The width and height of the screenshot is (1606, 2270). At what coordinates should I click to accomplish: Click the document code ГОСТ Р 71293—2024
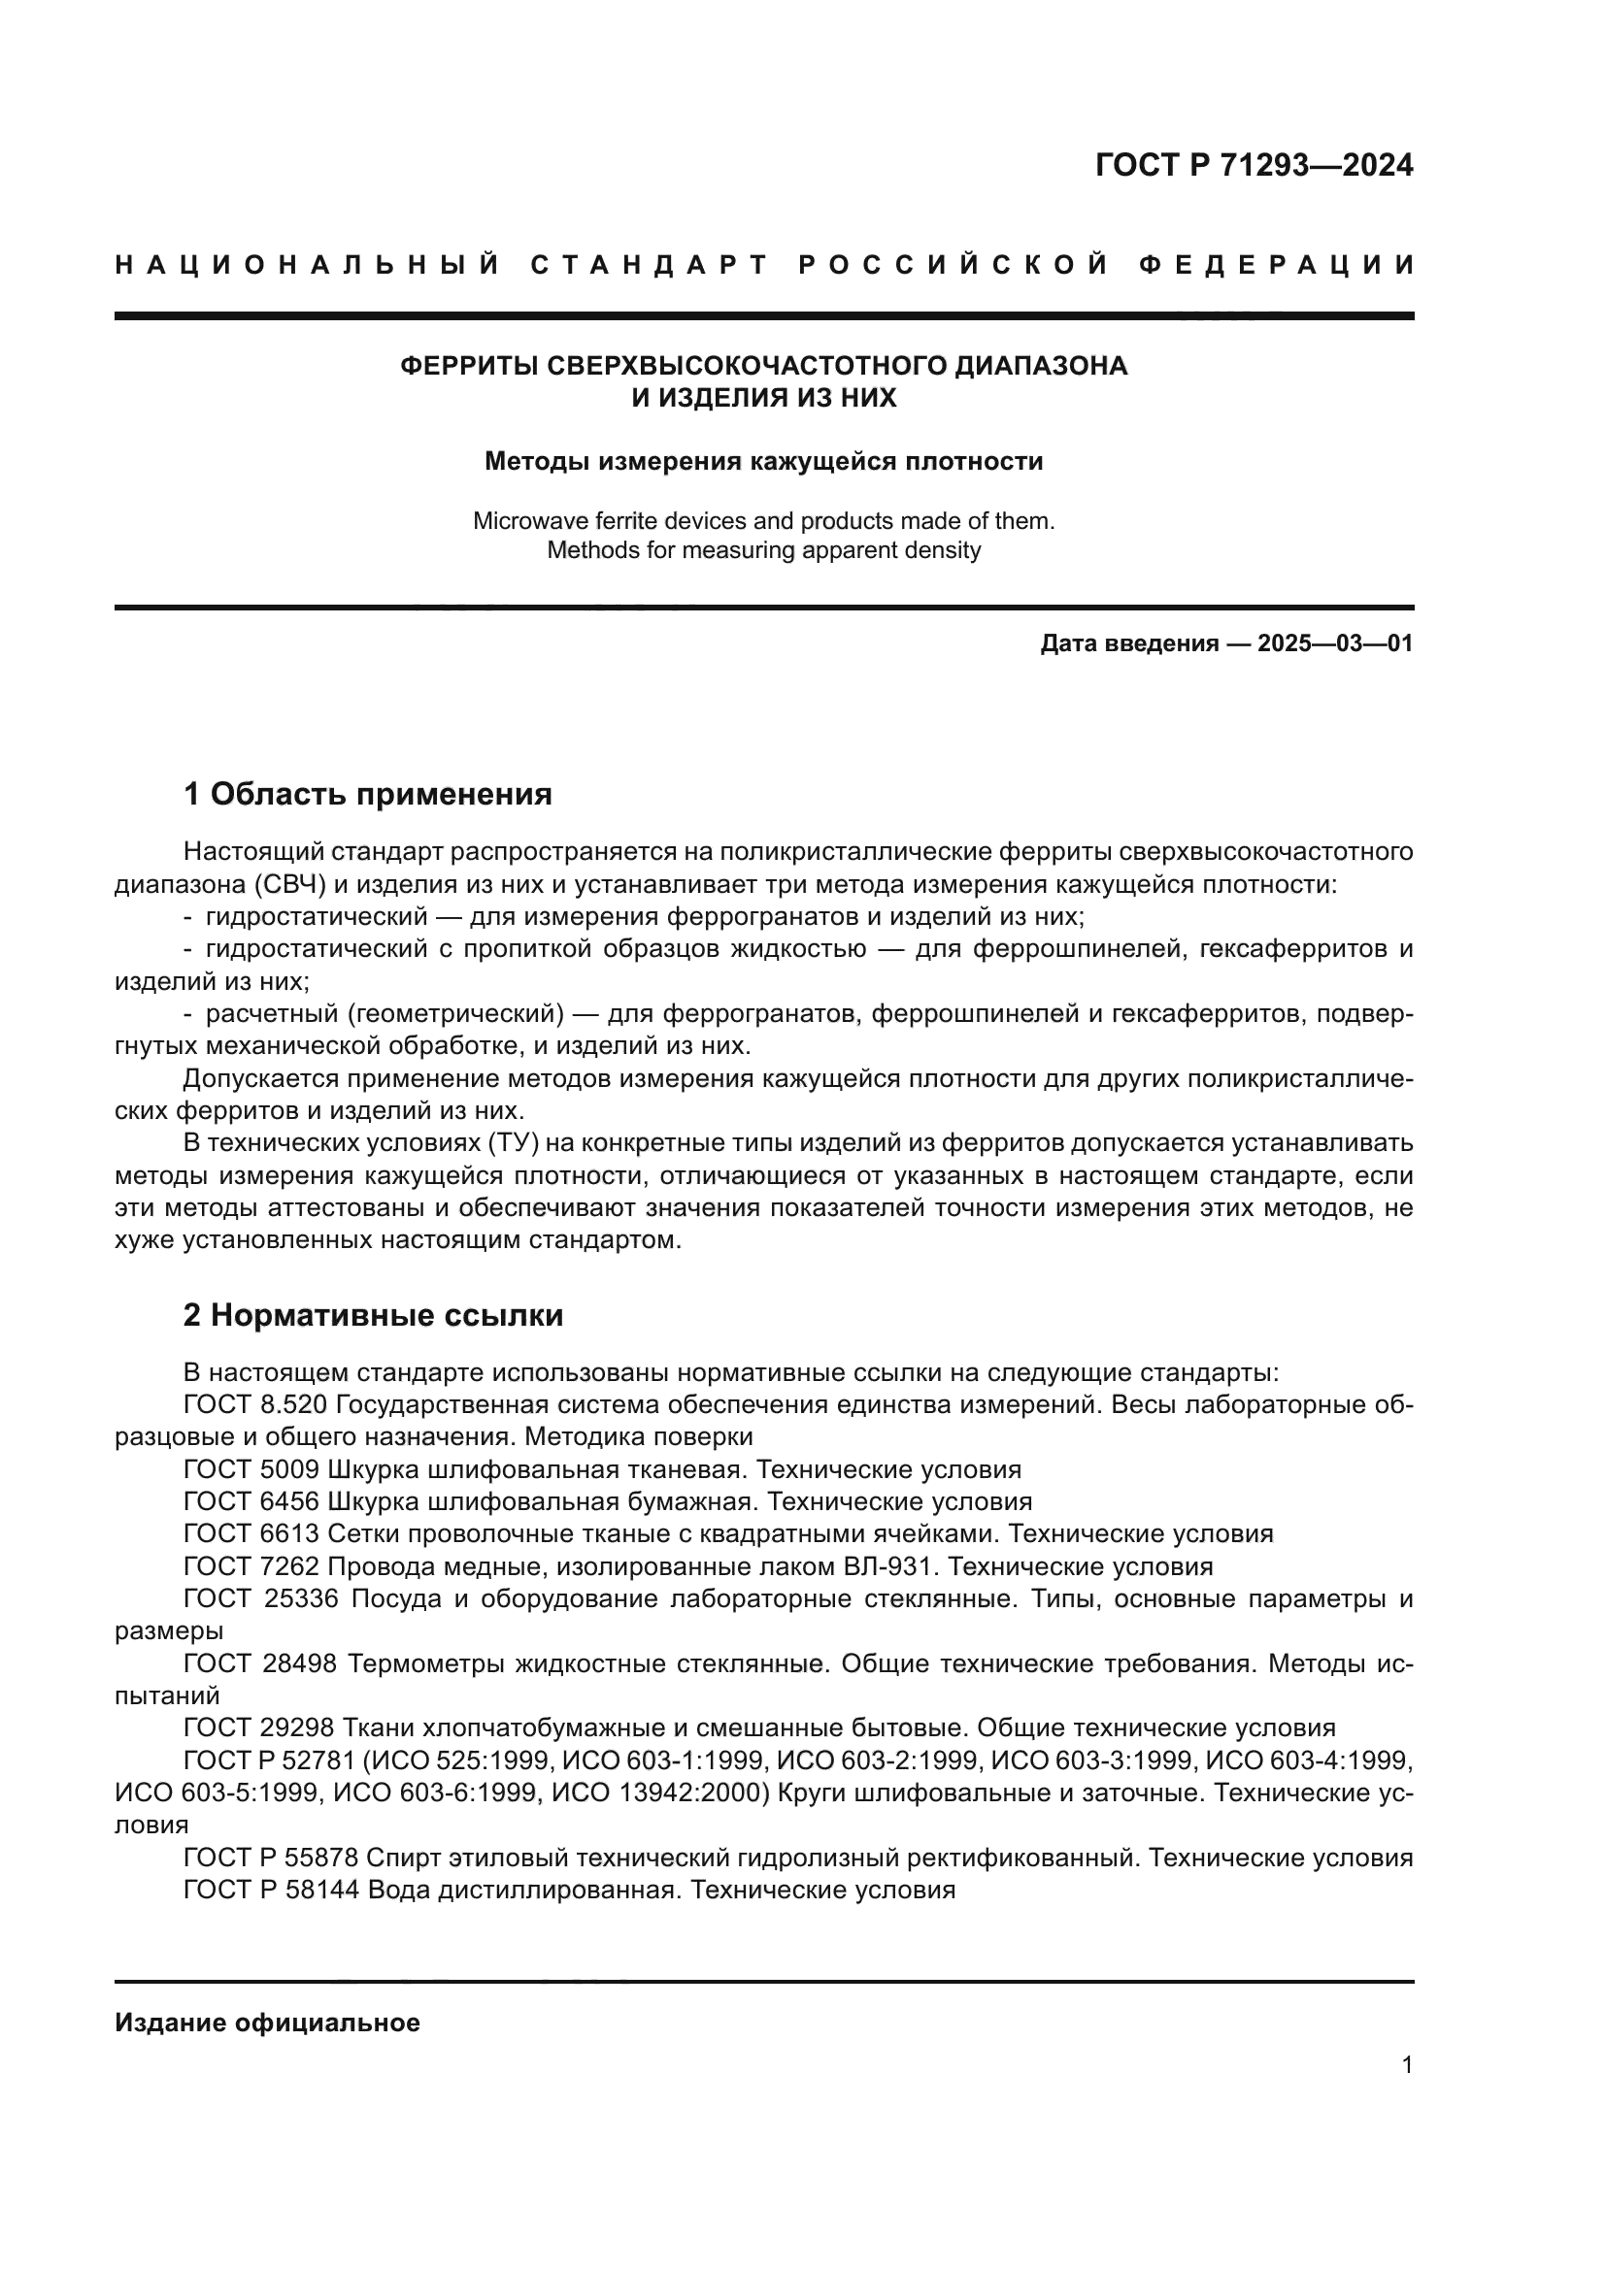click(x=1253, y=165)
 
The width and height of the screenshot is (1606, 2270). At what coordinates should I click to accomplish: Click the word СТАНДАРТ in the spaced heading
click(x=649, y=265)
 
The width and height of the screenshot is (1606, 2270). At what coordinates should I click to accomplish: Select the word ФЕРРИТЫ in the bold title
click(x=470, y=366)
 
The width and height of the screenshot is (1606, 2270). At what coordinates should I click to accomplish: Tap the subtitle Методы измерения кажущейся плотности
click(x=762, y=462)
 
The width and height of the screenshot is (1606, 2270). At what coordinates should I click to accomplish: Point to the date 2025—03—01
click(x=1334, y=643)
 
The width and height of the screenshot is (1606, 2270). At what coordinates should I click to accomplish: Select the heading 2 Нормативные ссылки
click(x=373, y=1315)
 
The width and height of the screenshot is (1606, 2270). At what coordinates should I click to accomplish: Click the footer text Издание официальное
click(x=267, y=2023)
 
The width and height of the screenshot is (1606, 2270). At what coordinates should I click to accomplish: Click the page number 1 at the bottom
click(x=1406, y=2065)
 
